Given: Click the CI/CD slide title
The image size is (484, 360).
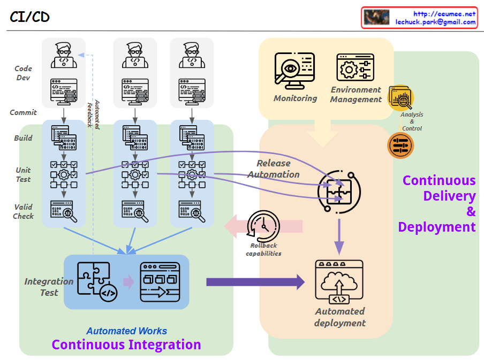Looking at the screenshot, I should tap(29, 17).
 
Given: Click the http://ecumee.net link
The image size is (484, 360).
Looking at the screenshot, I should tap(444, 14).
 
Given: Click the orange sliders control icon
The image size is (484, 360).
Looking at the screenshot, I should tap(400, 145).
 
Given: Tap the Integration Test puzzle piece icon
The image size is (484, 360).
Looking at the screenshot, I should tap(97, 279).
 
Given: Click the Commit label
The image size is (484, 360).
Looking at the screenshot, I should tap(24, 112).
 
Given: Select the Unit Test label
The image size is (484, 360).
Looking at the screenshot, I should tap(23, 175).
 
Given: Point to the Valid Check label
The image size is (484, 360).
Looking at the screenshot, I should tap(24, 211).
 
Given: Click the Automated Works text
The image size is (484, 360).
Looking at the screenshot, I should tap(127, 331).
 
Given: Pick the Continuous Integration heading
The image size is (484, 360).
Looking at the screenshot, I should tap(126, 345).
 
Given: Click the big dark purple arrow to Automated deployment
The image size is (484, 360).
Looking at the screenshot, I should tap(255, 282).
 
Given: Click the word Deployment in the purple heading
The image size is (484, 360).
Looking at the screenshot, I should tap(437, 227).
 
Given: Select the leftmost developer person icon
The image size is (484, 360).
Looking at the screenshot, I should tap(64, 55).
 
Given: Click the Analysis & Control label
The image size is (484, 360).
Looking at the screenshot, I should tap(412, 121).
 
